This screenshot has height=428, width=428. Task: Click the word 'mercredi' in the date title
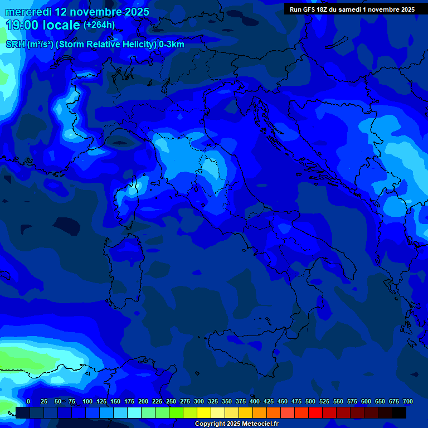(28, 12)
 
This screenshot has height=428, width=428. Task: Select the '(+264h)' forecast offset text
(99, 25)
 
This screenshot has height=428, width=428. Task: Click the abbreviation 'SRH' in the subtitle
(15, 45)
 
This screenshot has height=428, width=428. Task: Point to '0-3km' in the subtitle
(172, 45)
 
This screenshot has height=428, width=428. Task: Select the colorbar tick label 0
(28, 401)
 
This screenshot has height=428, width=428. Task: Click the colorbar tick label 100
(87, 401)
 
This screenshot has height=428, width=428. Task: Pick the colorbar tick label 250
(171, 401)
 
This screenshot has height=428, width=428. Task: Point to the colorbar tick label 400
(255, 401)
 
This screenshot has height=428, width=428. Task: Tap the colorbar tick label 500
(310, 401)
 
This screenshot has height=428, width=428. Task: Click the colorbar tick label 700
(408, 401)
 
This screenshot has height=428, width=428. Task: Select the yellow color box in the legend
(204, 413)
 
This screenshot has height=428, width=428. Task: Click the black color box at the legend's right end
(399, 413)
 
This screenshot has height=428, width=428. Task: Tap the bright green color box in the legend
(176, 413)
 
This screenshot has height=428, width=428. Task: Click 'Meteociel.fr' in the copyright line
(256, 424)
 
